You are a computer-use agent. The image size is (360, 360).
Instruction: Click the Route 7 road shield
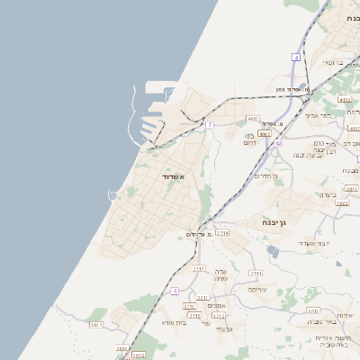coord(210,124)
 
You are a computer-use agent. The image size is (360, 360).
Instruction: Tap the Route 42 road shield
coord(279,143)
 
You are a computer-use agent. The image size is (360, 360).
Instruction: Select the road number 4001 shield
coord(253,118)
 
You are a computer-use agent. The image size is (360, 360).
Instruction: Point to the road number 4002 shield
coord(265,134)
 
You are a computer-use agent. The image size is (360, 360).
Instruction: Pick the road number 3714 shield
coord(223,232)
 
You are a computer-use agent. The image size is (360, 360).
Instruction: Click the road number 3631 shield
coord(96,325)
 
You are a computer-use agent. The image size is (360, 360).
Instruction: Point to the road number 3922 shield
coord(341,203)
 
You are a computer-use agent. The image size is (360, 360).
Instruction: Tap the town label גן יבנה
coord(274,222)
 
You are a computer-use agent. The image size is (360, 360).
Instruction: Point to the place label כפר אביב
coord(319,115)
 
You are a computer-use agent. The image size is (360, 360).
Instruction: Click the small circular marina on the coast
coord(113,194)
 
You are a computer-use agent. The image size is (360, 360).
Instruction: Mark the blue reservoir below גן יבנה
coord(273,251)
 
